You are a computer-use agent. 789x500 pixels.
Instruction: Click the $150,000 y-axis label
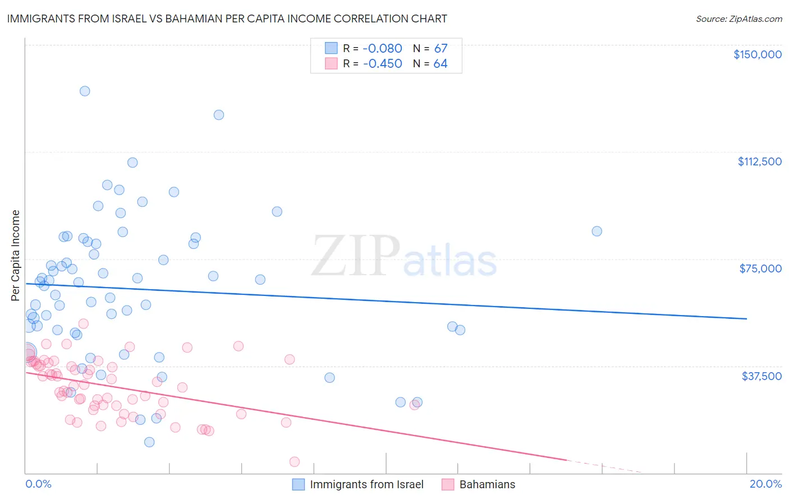pyautogui.click(x=758, y=54)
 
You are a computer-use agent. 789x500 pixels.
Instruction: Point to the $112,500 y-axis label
pyautogui.click(x=759, y=161)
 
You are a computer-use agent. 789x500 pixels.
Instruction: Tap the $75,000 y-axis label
pyautogui.click(x=760, y=268)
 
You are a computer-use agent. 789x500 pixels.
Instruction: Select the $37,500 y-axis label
pyautogui.click(x=762, y=376)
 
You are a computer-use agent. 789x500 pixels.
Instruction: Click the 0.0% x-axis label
pyautogui.click(x=38, y=484)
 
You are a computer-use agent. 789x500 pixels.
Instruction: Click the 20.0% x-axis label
pyautogui.click(x=765, y=484)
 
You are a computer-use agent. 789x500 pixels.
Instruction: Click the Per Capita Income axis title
pyautogui.click(x=16, y=255)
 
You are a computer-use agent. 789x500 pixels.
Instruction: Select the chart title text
pyautogui.click(x=227, y=18)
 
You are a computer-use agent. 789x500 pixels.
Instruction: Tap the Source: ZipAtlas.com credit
pyautogui.click(x=738, y=18)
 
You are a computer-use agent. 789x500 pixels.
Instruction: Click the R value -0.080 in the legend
pyautogui.click(x=382, y=48)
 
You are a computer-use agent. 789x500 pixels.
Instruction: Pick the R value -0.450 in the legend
pyautogui.click(x=382, y=63)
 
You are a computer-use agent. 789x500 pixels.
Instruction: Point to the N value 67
pyautogui.click(x=441, y=48)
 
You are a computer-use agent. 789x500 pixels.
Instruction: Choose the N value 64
pyautogui.click(x=441, y=63)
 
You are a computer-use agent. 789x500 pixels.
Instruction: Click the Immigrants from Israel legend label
pyautogui.click(x=366, y=484)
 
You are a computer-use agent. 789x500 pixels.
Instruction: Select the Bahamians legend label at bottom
pyautogui.click(x=487, y=484)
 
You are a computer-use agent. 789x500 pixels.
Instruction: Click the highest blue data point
pyautogui.click(x=85, y=91)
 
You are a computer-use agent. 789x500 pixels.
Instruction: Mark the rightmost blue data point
pyautogui.click(x=597, y=232)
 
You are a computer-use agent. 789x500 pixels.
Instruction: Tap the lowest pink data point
pyautogui.click(x=295, y=462)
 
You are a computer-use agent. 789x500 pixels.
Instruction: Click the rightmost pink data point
pyautogui.click(x=414, y=405)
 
